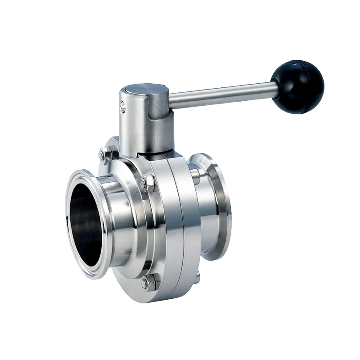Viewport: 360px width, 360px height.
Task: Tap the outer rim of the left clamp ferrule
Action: tap(72, 234)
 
